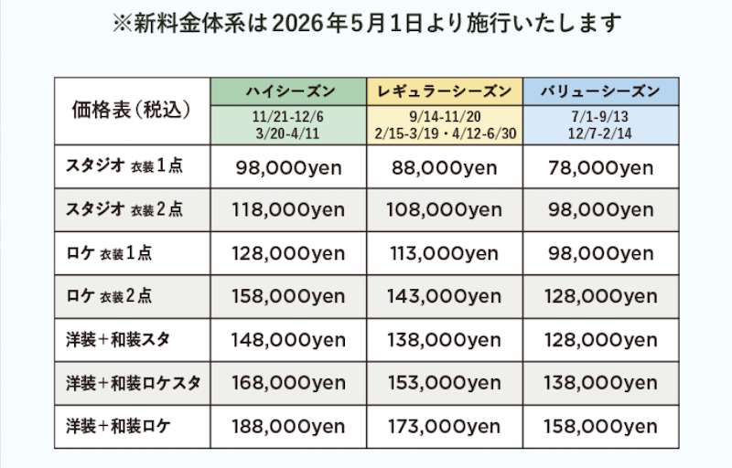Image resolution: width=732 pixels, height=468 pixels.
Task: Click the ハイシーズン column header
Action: (288, 91)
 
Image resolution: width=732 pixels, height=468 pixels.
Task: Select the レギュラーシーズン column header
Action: (445, 91)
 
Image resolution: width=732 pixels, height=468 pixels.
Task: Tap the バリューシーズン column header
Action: (600, 91)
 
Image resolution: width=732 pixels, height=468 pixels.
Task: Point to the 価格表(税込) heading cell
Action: (131, 111)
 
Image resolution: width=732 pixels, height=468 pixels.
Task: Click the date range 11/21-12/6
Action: (288, 117)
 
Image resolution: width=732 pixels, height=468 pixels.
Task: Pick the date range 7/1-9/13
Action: (600, 117)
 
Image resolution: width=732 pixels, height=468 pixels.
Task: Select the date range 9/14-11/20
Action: (445, 117)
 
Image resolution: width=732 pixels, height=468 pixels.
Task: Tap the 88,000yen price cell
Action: (445, 167)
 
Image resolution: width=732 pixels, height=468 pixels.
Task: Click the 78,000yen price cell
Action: (600, 167)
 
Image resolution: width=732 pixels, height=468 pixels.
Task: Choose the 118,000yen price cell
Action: (288, 210)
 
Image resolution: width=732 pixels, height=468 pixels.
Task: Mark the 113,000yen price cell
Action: (445, 253)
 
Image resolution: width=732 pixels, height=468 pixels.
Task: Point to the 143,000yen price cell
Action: (445, 296)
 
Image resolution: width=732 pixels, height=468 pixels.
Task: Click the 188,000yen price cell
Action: (288, 426)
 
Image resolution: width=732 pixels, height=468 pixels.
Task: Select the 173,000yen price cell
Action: (445, 426)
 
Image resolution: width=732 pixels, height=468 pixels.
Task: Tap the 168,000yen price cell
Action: (288, 383)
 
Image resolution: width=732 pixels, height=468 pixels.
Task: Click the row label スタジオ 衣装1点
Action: (124, 167)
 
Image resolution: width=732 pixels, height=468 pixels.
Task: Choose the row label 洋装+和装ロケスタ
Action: (133, 383)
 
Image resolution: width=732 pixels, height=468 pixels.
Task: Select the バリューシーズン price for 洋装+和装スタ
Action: (600, 340)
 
